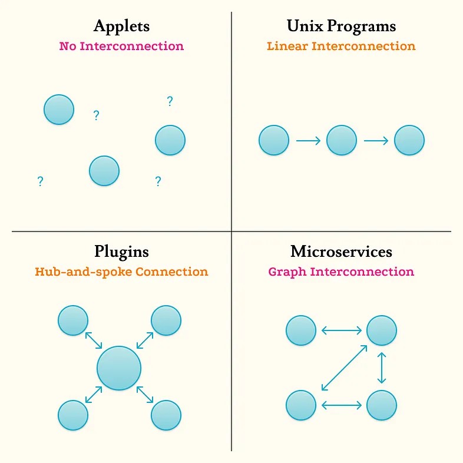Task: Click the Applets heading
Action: (121, 27)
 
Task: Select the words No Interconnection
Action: (121, 46)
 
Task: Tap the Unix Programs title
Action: (341, 27)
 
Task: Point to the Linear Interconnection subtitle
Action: (341, 46)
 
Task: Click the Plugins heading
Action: (121, 252)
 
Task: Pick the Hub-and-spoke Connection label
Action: (121, 272)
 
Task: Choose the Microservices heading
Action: (341, 252)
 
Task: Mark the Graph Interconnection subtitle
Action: (341, 272)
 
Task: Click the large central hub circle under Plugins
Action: (119, 368)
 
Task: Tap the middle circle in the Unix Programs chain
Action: (342, 141)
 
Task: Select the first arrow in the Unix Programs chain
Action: (307, 141)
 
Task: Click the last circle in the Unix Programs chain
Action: (409, 141)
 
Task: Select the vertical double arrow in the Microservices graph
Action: (382, 368)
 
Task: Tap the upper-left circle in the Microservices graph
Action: (301, 330)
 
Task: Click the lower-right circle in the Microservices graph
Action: (382, 405)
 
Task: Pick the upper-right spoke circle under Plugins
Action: (166, 320)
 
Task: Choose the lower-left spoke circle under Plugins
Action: (73, 415)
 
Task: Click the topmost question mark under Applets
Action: (170, 101)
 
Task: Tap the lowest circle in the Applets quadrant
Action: (104, 171)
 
